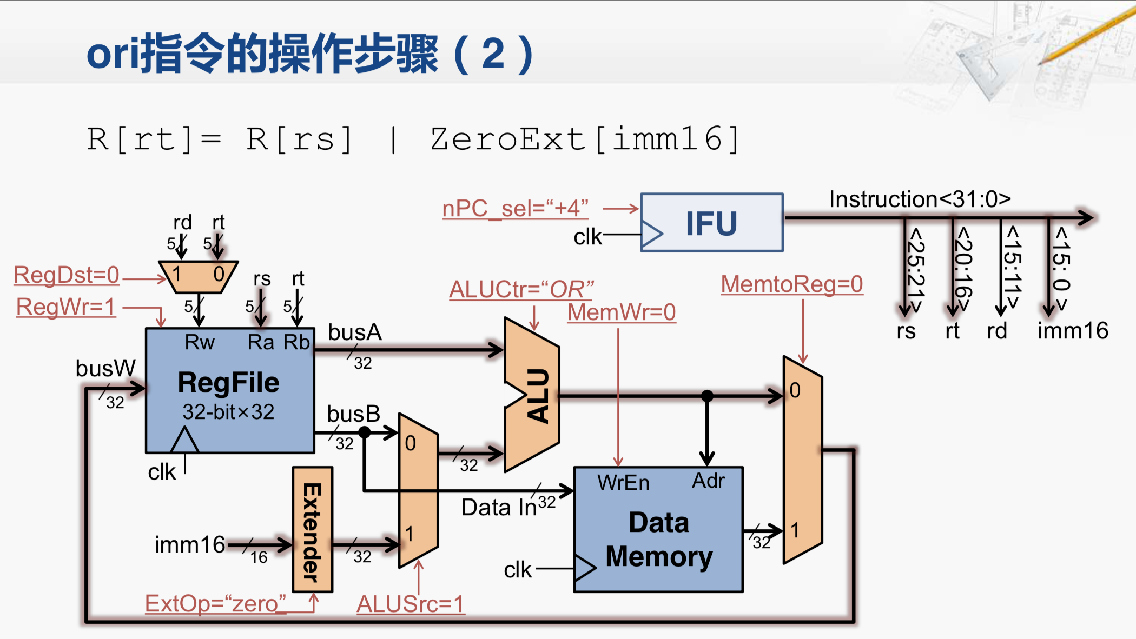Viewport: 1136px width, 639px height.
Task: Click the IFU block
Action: coord(711,223)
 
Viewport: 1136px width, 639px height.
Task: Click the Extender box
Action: coord(312,530)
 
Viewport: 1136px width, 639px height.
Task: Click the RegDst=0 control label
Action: coord(66,275)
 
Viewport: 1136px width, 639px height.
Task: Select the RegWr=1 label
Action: coord(66,307)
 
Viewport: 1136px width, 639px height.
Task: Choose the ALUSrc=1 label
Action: coord(410,604)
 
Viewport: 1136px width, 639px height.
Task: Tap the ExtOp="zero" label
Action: coord(215,603)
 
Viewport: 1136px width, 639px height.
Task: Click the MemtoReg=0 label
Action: coord(791,284)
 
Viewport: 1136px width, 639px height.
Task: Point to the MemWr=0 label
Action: coord(622,312)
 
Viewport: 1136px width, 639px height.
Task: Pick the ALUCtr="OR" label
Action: coord(521,290)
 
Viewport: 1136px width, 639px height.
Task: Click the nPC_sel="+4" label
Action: coord(515,209)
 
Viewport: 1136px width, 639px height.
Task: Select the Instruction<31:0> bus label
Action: coord(920,199)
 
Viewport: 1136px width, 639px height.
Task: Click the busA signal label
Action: coord(355,332)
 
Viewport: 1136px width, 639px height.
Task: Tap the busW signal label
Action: coord(105,369)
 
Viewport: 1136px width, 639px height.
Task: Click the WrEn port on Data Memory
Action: coord(623,483)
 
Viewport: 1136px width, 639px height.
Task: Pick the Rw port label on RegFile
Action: coord(200,342)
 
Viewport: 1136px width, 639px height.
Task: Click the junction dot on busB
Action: coord(365,432)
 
